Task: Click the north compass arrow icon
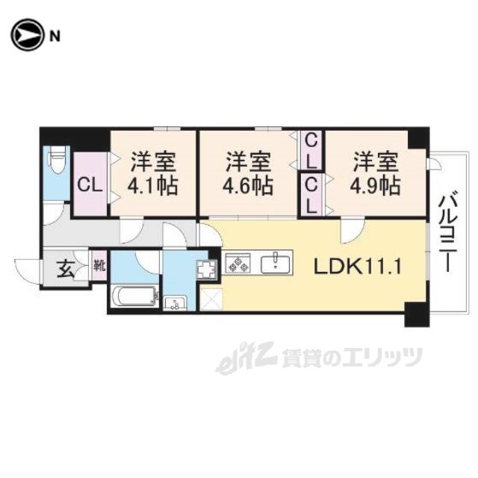click(27, 36)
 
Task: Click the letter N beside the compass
click(55, 37)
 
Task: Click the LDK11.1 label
click(358, 267)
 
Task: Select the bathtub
click(135, 296)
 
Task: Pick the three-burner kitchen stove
click(238, 263)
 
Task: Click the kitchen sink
click(276, 264)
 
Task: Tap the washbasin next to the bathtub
click(176, 303)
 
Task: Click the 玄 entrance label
click(66, 270)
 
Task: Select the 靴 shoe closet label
click(99, 266)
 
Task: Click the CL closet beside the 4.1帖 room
click(90, 184)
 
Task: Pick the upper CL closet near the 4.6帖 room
click(311, 151)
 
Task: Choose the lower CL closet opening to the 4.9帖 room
click(311, 195)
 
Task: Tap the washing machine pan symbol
click(207, 270)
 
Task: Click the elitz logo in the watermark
click(246, 357)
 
